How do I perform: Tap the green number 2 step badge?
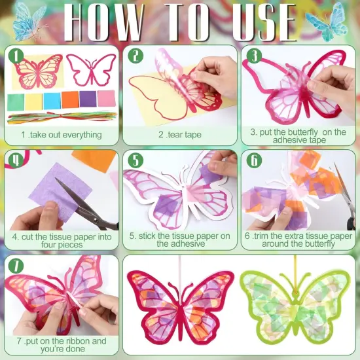tap(135, 56)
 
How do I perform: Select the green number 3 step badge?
tap(253, 55)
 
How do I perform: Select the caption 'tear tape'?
tap(179, 135)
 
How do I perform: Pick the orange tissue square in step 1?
tap(69, 99)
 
